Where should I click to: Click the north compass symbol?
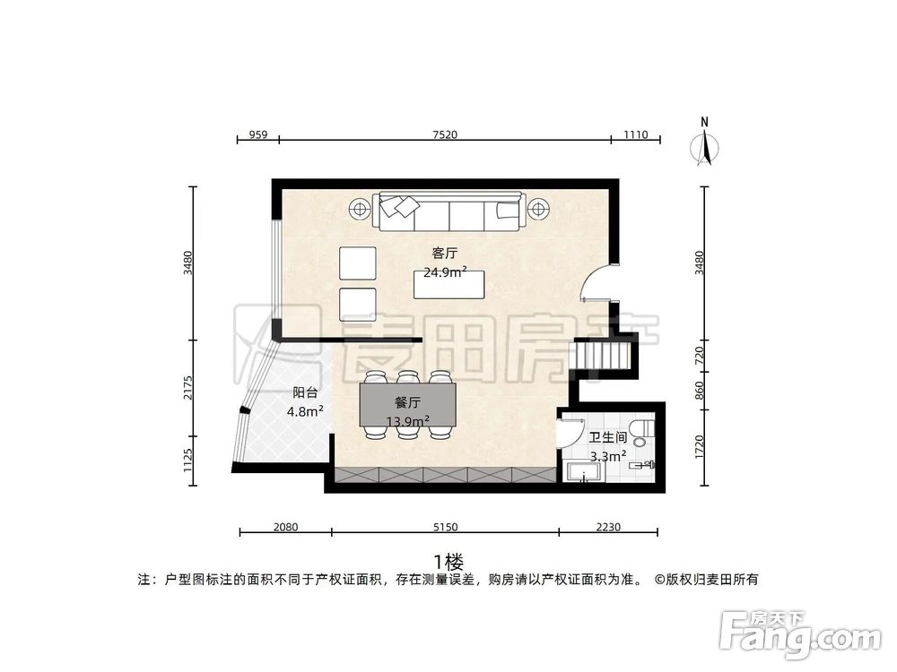[706, 145]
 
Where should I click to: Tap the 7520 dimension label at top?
[445, 135]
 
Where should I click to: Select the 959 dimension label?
[257, 135]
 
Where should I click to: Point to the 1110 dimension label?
[635, 135]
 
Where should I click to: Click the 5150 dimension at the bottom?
[445, 527]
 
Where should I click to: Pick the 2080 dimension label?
[285, 527]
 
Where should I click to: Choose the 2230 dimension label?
[607, 527]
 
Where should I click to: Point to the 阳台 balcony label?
[305, 392]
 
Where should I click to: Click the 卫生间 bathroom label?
[607, 439]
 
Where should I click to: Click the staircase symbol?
[598, 356]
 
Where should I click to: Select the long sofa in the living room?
[449, 212]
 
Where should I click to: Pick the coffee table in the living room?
[448, 285]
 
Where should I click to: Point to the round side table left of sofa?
[360, 210]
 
